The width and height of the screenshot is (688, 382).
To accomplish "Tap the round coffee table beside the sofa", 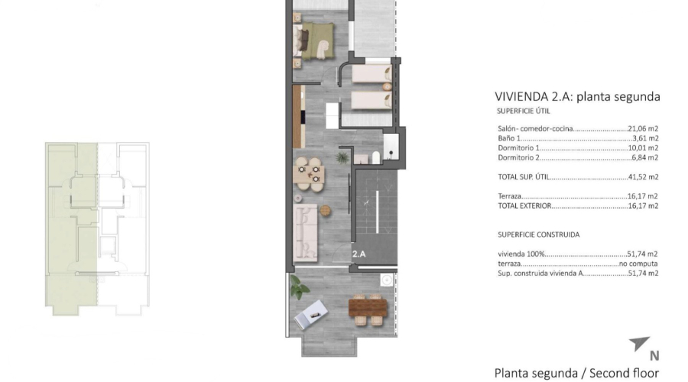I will (328, 210).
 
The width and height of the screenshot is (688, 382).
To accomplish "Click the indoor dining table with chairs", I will (310, 171).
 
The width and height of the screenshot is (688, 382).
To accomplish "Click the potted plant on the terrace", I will (299, 288).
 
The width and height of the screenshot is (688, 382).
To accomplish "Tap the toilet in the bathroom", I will (375, 157).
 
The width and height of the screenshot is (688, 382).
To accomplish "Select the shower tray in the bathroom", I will (391, 147).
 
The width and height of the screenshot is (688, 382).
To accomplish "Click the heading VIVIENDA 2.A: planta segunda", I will (577, 97).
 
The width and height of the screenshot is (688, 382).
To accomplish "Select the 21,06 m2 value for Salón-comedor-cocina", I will (643, 129).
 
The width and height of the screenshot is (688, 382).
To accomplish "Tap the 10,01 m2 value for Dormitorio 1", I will (643, 147).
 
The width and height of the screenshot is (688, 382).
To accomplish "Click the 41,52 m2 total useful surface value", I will (643, 176).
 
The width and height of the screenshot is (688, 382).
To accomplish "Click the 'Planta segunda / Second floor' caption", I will (576, 374).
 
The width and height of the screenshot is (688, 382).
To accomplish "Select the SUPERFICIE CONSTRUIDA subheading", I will (538, 235).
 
